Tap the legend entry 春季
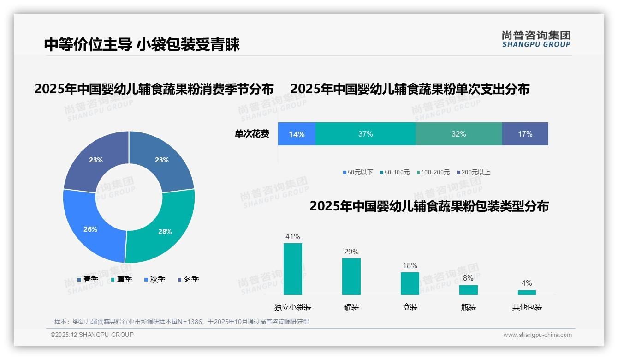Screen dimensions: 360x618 [88, 279]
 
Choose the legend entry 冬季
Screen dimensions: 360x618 [188, 279]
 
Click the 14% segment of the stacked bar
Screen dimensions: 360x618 [297, 134]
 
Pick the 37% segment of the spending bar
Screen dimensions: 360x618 [365, 134]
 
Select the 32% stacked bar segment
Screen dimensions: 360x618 [458, 134]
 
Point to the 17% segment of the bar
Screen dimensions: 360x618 [525, 134]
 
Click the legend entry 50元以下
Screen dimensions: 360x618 [358, 172]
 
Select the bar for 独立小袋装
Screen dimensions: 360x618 [293, 269]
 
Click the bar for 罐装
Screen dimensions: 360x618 [351, 276]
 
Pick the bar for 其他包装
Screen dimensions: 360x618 [527, 292]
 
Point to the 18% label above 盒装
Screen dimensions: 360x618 [410, 266]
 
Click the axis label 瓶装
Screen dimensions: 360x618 [469, 307]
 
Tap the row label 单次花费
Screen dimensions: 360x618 [252, 134]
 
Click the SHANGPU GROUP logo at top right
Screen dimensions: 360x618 [536, 39]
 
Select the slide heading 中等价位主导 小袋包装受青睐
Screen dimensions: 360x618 [142, 45]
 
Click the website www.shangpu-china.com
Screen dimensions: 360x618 [537, 335]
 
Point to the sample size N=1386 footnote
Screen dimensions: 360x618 [182, 322]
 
